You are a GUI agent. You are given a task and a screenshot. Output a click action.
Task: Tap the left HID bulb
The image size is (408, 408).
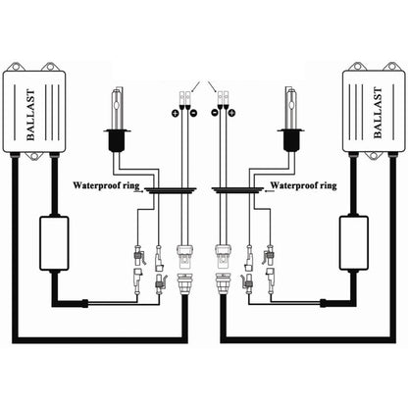click(117, 123)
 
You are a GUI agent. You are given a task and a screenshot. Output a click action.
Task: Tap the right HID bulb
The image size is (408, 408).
click(290, 123)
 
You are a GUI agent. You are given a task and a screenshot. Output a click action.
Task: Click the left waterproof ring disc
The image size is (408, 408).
click(169, 193)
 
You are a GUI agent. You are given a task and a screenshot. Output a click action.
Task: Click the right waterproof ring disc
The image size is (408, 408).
click(238, 193)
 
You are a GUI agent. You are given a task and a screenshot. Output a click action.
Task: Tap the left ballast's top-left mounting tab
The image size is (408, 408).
click(17, 68)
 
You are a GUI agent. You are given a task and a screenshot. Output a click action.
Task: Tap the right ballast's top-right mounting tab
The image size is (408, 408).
click(390, 68)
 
